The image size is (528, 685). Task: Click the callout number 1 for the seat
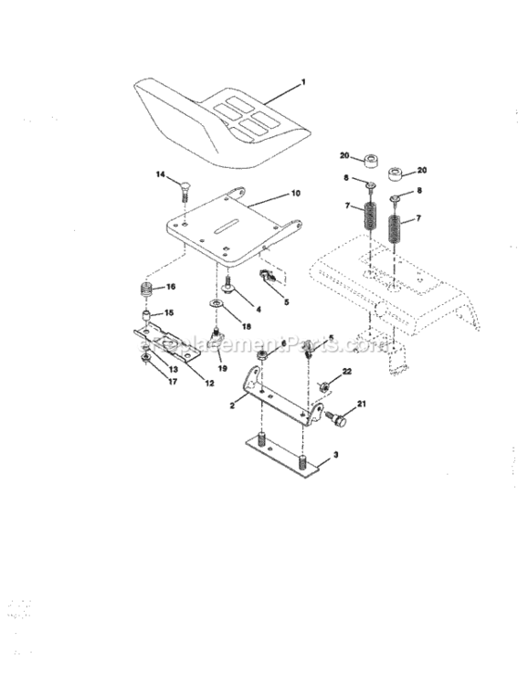[303, 83]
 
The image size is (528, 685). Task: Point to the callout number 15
[167, 312]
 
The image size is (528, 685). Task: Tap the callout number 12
[209, 384]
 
